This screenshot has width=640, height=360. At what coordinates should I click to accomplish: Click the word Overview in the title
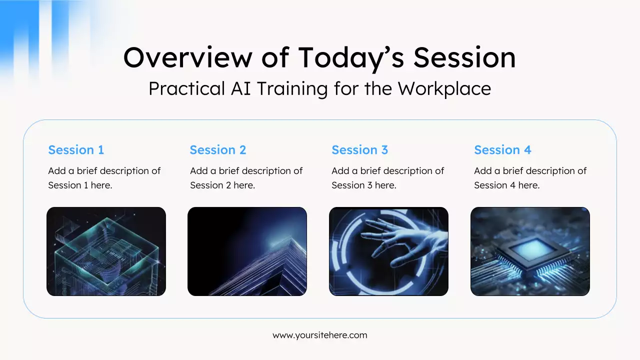point(187,58)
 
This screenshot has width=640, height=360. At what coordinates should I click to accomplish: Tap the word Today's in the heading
point(351,59)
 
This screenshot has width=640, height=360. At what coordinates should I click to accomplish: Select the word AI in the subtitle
point(240,88)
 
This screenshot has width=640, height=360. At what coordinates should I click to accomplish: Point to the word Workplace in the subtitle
point(444,89)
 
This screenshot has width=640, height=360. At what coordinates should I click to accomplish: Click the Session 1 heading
point(76,150)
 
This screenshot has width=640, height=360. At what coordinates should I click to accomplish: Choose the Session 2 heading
point(217,150)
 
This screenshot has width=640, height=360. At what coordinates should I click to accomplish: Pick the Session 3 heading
point(359,150)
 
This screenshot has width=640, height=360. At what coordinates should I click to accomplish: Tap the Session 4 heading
point(502,150)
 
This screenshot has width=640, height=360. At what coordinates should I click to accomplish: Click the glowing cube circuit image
point(106,251)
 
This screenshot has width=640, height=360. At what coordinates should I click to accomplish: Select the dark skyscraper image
point(247,251)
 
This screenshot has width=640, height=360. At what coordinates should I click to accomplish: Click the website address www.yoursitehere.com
point(319,335)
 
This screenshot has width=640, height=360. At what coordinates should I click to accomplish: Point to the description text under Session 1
point(104,178)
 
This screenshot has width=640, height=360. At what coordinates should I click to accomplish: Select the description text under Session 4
point(530,178)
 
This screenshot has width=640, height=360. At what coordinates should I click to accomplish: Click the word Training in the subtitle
point(292,89)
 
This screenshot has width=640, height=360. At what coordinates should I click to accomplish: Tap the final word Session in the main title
point(464,58)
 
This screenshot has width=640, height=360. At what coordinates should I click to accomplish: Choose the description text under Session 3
point(387,178)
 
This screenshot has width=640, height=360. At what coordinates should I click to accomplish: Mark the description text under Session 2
point(246,178)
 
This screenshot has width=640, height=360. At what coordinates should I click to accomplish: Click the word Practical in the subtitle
point(187,88)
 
